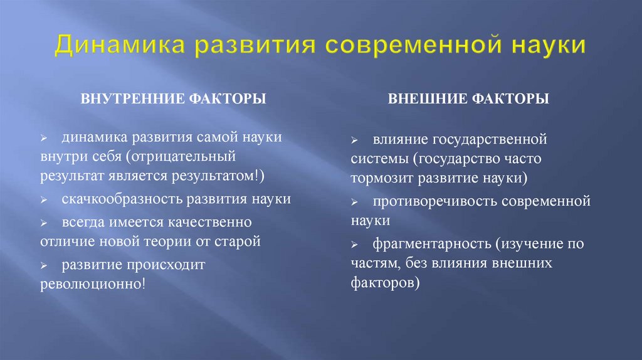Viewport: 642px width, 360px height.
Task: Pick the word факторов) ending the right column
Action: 385,282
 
